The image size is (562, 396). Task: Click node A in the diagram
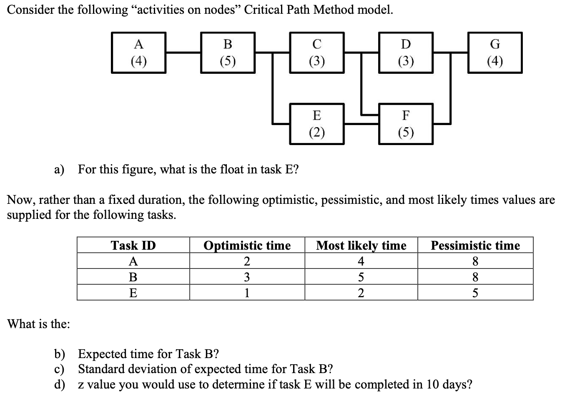point(138,53)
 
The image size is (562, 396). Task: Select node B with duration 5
point(228,53)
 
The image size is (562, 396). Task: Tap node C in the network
point(317,53)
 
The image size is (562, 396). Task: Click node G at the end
point(494,53)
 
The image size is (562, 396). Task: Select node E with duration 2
point(317,124)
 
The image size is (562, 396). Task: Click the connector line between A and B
point(183,53)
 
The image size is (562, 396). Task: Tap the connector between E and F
point(361,124)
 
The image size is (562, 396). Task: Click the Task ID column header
point(133,246)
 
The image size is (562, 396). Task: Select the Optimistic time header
point(247,246)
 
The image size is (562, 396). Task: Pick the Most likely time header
point(361,246)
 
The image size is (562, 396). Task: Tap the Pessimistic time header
point(475,246)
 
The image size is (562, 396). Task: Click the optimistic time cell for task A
point(247,261)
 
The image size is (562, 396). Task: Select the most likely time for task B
point(361,277)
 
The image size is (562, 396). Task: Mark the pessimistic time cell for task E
point(475,293)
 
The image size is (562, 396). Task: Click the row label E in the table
point(133,293)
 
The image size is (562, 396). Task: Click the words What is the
point(39,324)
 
